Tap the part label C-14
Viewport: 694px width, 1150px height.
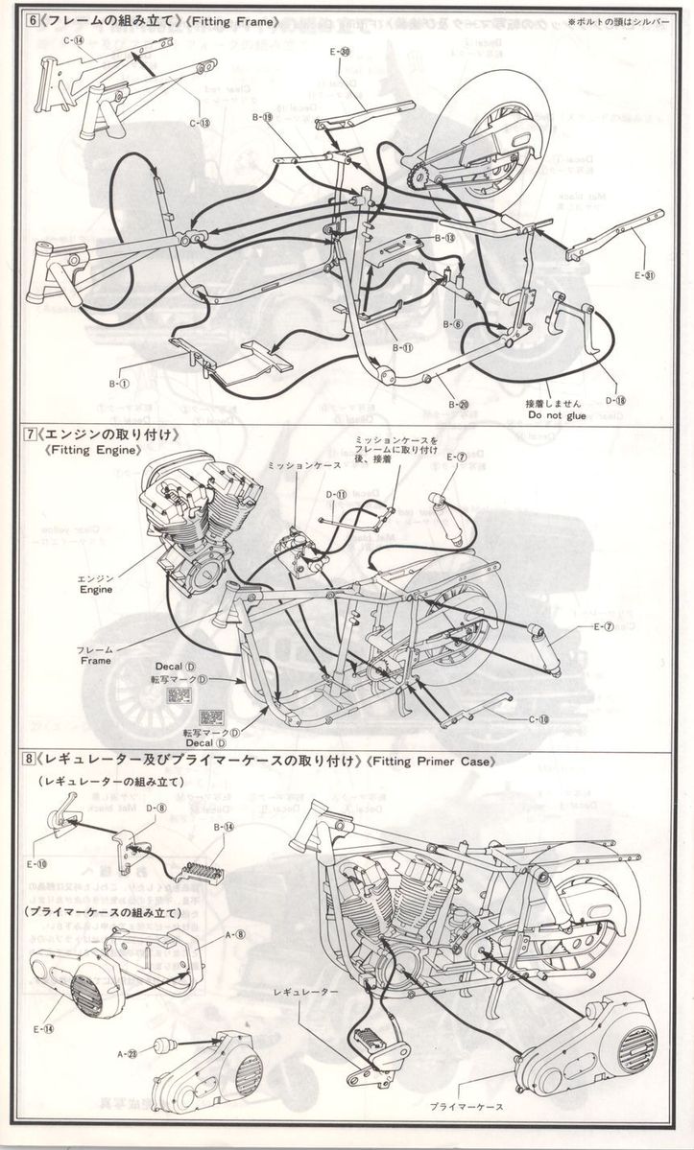click(74, 40)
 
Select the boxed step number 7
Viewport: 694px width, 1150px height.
click(32, 434)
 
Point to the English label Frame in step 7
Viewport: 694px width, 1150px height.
click(95, 660)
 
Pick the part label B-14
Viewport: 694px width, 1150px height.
click(223, 826)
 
